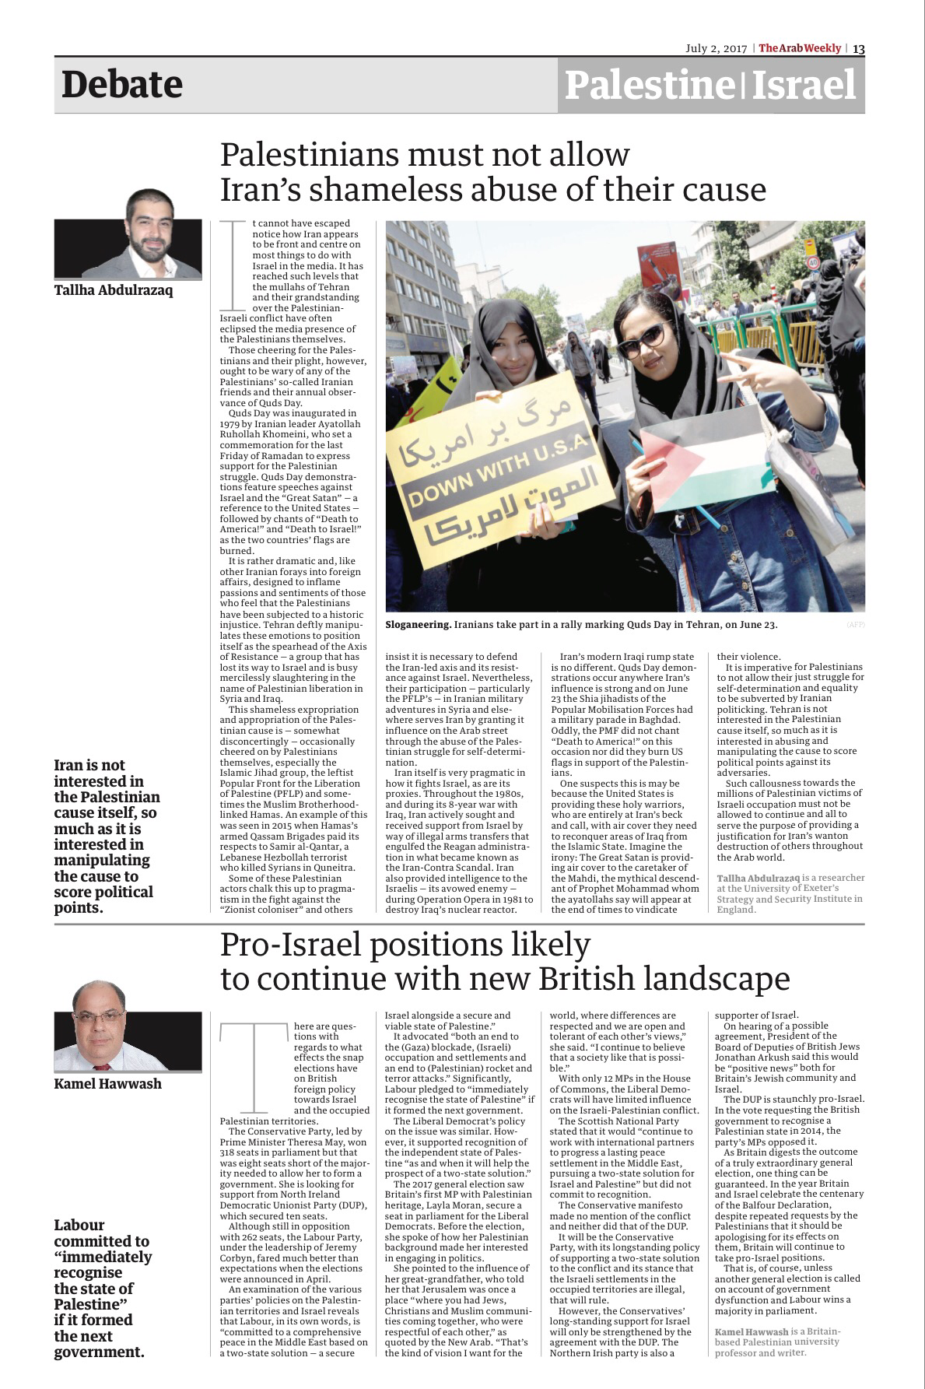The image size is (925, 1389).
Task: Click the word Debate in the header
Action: pyautogui.click(x=122, y=85)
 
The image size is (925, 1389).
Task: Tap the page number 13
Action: pyautogui.click(x=858, y=48)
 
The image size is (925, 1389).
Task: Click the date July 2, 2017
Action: pyautogui.click(x=715, y=48)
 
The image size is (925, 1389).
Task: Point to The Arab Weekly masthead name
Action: pyautogui.click(x=800, y=48)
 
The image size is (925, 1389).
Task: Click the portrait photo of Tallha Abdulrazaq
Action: pyautogui.click(x=128, y=237)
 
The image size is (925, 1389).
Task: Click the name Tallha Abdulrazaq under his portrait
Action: pyautogui.click(x=114, y=291)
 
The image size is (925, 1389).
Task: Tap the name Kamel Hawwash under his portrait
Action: pyautogui.click(x=108, y=1084)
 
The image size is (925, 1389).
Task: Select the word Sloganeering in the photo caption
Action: pyautogui.click(x=418, y=625)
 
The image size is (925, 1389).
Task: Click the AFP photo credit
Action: pyautogui.click(x=855, y=625)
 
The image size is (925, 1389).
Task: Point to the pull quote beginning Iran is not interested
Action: pyautogui.click(x=107, y=836)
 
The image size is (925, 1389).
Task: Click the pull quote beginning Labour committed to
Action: pyautogui.click(x=103, y=1288)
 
